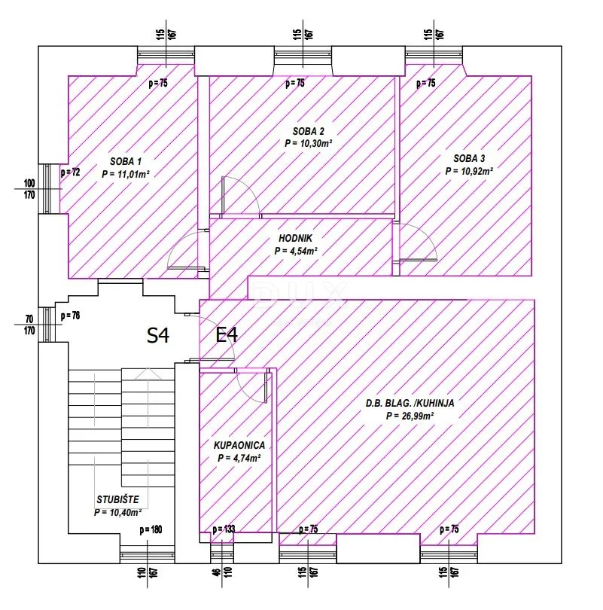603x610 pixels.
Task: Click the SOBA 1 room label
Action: (x=126, y=161)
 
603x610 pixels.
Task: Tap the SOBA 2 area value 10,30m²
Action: (x=309, y=144)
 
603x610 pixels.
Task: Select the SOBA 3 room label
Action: (x=469, y=158)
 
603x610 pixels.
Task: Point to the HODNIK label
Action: (x=295, y=238)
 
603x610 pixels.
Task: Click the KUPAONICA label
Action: (x=239, y=445)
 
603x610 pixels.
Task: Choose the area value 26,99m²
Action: (x=410, y=416)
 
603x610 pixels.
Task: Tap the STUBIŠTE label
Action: (x=117, y=499)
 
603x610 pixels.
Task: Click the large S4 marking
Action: (x=158, y=335)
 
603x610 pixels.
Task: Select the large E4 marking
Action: (x=227, y=334)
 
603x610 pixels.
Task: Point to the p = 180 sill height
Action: (x=151, y=529)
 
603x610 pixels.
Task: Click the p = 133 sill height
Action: (x=224, y=529)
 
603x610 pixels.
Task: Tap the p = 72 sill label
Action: (x=70, y=172)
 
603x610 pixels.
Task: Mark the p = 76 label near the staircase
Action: (x=70, y=316)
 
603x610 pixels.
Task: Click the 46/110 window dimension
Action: (x=223, y=572)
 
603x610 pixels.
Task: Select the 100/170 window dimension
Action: (x=29, y=189)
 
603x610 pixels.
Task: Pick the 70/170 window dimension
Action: (x=29, y=325)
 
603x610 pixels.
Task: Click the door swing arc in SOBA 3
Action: (x=424, y=236)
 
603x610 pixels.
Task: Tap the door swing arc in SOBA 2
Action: (x=248, y=189)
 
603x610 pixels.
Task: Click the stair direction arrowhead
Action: (x=148, y=374)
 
